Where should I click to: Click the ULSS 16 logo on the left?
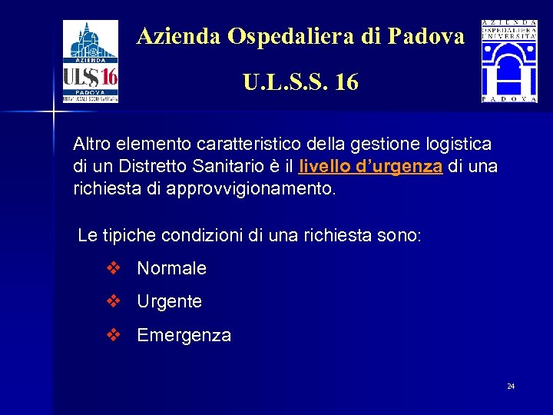[x=90, y=61]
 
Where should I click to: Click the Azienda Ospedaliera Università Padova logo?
[x=509, y=61]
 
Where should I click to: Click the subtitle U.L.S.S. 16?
[x=300, y=81]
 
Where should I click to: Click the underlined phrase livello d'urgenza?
[x=371, y=167]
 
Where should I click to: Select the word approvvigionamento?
[x=251, y=189]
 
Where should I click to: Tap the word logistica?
[x=459, y=144]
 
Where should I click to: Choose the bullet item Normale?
[x=171, y=269]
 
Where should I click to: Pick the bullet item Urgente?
[x=169, y=302]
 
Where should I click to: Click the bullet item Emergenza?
[x=184, y=336]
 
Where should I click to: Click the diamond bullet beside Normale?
[x=114, y=268]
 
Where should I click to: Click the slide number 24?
[x=511, y=386]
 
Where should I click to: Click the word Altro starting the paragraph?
[x=91, y=144]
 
